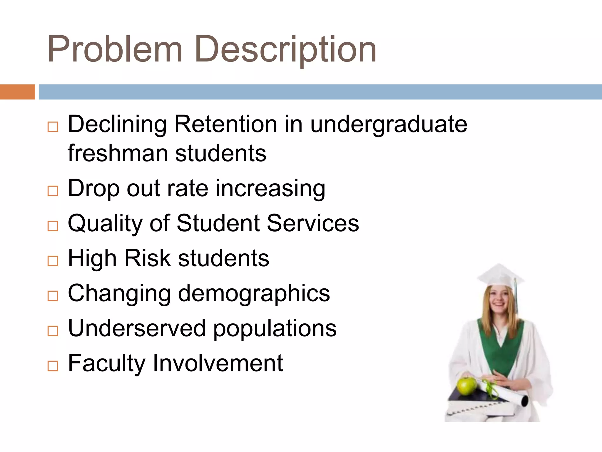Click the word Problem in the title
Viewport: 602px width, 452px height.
[x=115, y=49]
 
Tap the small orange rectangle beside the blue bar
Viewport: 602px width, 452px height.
[x=17, y=92]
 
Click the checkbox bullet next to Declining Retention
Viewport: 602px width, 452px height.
[x=53, y=127]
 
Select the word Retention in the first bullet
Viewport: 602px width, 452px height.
[x=226, y=124]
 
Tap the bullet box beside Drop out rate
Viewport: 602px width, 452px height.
[x=53, y=191]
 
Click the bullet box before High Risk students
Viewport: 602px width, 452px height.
[x=53, y=261]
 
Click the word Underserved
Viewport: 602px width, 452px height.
[x=137, y=328]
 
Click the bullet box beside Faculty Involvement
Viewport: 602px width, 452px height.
[x=53, y=366]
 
